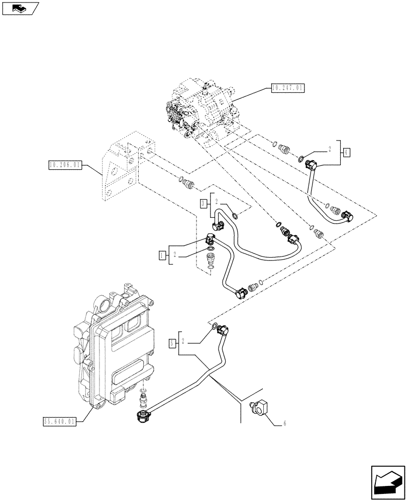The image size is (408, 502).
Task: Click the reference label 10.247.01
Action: [x=287, y=88]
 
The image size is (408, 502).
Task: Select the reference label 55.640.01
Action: [x=59, y=422]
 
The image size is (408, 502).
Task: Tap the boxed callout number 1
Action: [x=162, y=256]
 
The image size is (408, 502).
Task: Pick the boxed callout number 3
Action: [x=202, y=203]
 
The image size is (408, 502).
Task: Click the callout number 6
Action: [x=284, y=424]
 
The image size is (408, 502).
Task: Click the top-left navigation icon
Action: [x=20, y=8]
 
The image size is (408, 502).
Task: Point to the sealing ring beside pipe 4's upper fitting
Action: [x=300, y=160]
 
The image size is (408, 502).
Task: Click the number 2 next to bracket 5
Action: [x=184, y=342]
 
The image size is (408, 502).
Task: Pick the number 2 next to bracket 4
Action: [x=330, y=149]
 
